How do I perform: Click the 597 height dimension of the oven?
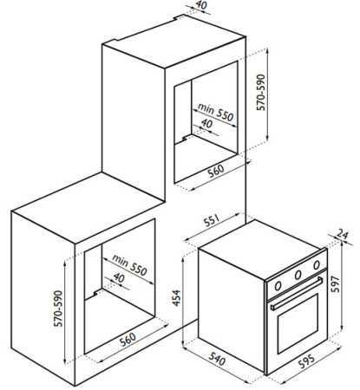[336, 284]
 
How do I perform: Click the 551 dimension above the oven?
[213, 222]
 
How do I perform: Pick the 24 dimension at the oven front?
[343, 235]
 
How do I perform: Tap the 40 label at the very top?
[201, 5]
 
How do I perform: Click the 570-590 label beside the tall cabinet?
[260, 93]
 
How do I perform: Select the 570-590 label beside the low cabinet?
[58, 309]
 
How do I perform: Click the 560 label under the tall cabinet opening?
[216, 171]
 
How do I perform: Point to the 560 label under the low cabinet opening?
[128, 340]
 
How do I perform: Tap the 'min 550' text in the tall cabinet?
[215, 112]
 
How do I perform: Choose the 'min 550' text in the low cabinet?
[129, 265]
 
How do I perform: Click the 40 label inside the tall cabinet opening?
[206, 124]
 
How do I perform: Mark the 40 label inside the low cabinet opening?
[119, 278]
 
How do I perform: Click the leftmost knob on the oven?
[278, 286]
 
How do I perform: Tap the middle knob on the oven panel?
[298, 275]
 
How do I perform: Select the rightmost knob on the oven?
[317, 264]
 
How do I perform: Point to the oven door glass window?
[298, 324]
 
